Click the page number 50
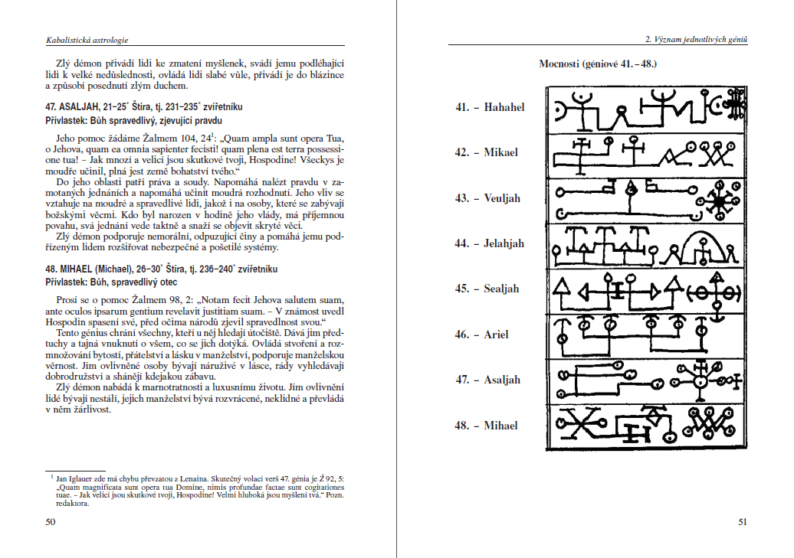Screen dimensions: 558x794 [x=51, y=522]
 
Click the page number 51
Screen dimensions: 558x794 [x=742, y=522]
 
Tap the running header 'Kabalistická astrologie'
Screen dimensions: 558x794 [x=85, y=39]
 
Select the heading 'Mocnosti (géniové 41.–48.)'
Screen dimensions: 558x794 [x=598, y=63]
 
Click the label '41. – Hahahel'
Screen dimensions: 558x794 [x=490, y=107]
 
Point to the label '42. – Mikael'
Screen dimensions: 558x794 [x=486, y=152]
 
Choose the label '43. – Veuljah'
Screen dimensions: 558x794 [x=487, y=198]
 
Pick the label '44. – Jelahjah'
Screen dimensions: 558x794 [x=490, y=243]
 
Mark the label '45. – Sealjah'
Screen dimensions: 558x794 [x=487, y=289]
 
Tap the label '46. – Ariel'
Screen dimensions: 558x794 [x=481, y=334]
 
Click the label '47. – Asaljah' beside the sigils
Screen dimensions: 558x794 [x=487, y=380]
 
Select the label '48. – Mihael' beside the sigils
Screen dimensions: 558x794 [x=486, y=426]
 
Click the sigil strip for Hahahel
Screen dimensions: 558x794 [x=645, y=109]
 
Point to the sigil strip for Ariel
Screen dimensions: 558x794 [x=645, y=334]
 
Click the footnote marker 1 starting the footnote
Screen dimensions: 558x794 [x=51, y=475]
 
